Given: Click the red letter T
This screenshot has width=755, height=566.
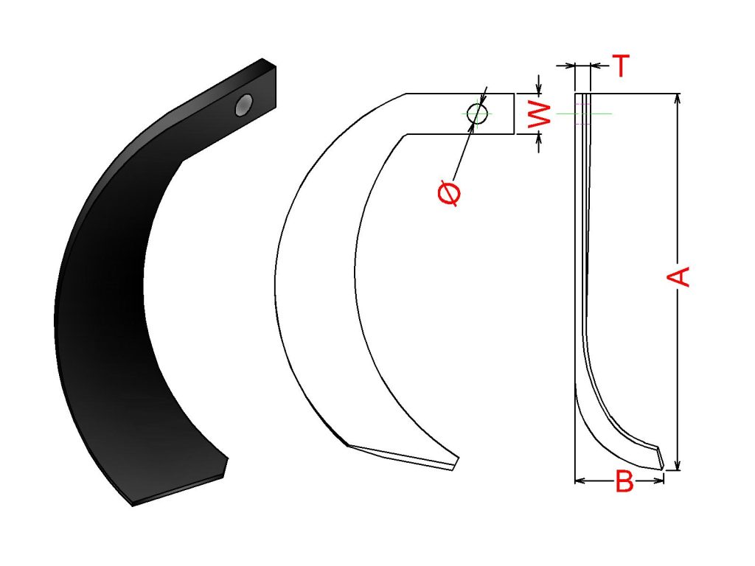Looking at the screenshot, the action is pos(621,66).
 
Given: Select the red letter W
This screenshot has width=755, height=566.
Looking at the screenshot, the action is pos(540,114).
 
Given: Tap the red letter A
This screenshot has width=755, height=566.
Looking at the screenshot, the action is pos(678,276).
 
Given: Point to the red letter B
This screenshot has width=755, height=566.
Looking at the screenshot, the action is pos(624,481).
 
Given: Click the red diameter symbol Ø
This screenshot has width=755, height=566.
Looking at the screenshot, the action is pos(449,193).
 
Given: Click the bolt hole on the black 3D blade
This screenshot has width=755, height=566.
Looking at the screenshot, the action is pos(243,105).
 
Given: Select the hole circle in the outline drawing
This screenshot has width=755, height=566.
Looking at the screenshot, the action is pos(477,113).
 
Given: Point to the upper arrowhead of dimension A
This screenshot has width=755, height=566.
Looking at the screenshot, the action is pos(678,98).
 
